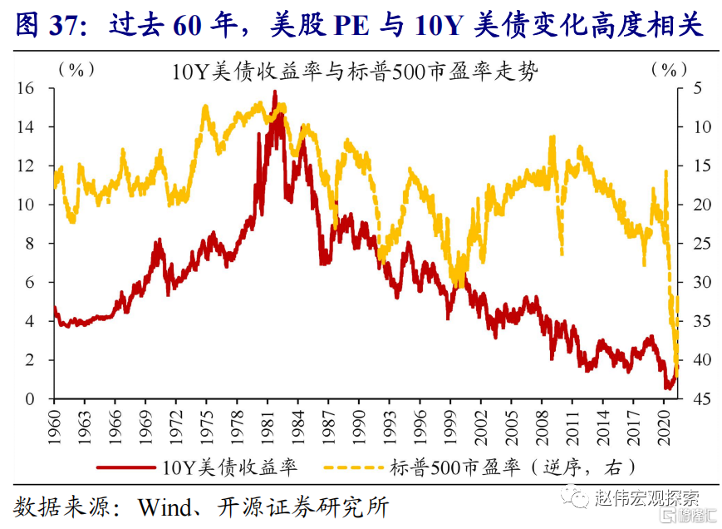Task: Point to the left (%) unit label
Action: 75,70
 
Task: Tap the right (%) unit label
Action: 670,70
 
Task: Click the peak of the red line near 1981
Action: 275,91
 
